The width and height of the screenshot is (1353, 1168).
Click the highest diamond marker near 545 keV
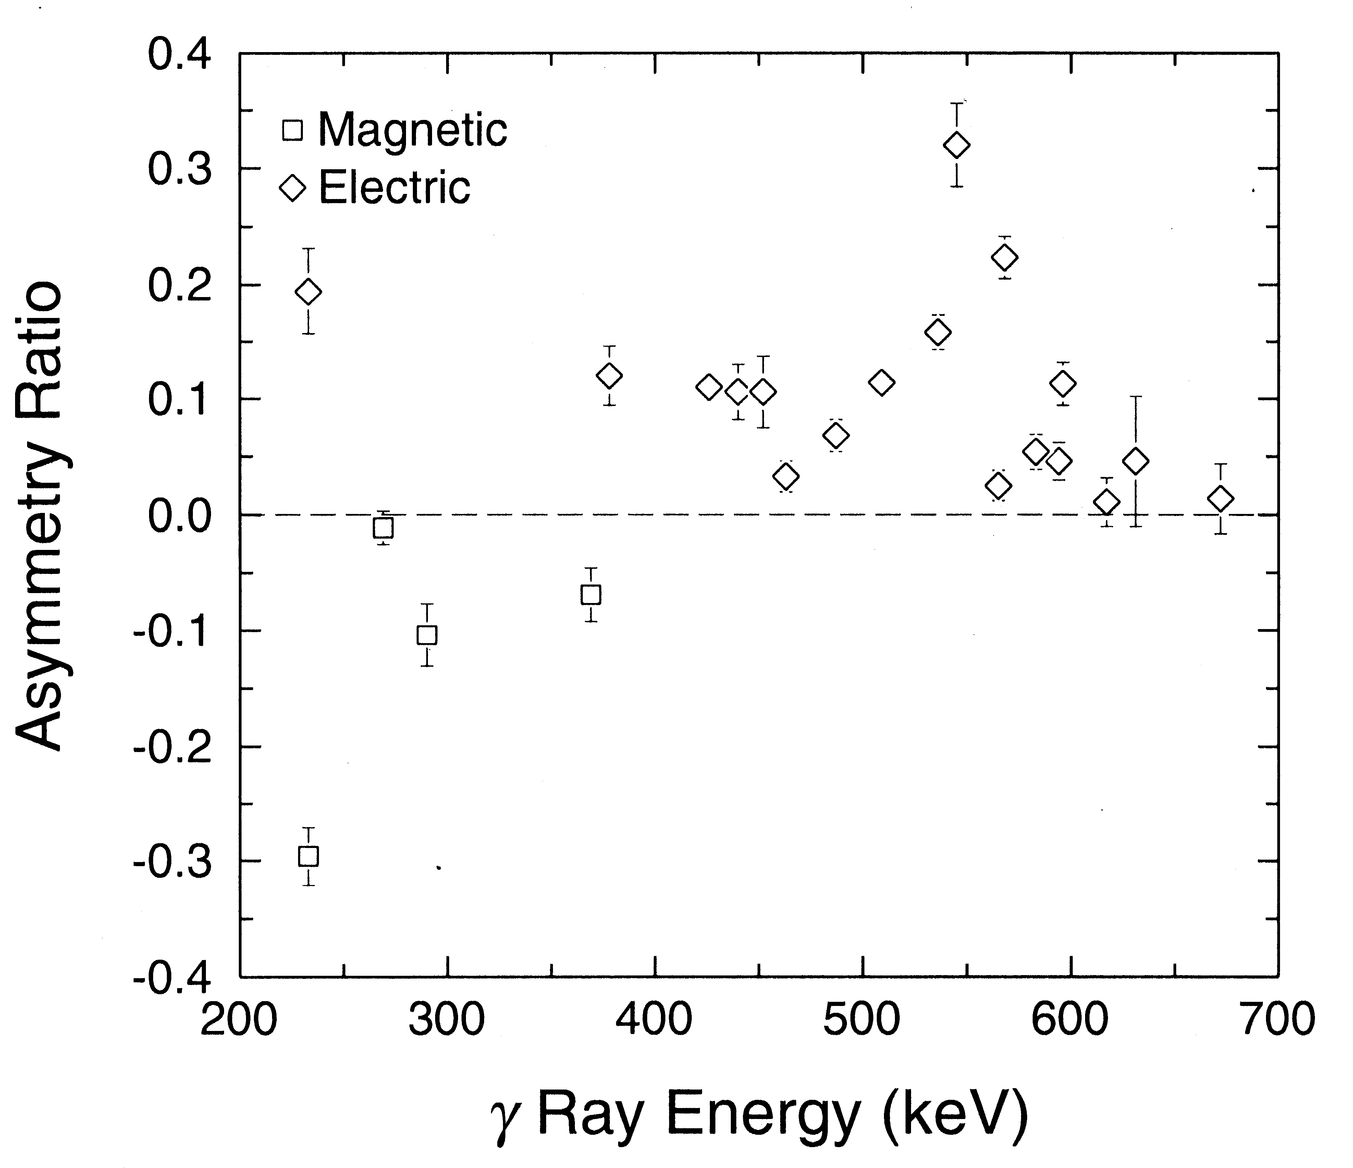tap(957, 145)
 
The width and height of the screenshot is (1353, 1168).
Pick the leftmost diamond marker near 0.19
tap(309, 292)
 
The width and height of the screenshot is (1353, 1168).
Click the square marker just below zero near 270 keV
tap(383, 528)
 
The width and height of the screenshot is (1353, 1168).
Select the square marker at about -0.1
tap(427, 635)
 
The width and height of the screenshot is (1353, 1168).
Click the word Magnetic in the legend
tap(413, 130)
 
